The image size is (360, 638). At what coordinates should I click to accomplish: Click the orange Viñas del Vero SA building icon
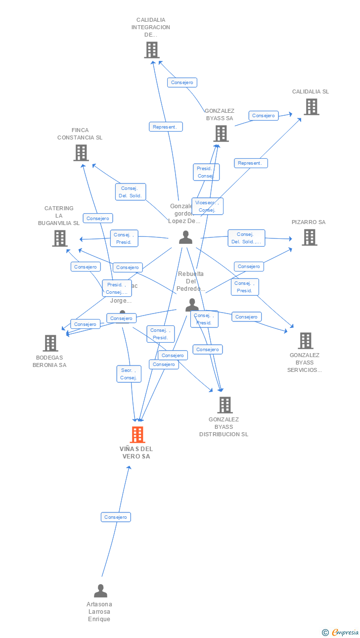coord(137,435)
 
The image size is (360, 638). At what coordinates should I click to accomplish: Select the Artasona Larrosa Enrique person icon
coord(100,591)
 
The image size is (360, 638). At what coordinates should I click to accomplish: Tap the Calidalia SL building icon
coord(311,107)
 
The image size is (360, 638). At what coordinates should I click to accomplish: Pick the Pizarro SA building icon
coord(310,237)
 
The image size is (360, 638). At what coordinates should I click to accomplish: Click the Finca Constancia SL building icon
coord(81,153)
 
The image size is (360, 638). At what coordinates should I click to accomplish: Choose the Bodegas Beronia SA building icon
coord(50,343)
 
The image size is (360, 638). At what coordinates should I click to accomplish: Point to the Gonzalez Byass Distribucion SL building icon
coord(225,405)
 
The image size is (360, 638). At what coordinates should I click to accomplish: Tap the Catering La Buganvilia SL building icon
coord(60,238)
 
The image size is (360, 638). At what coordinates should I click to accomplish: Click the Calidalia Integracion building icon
coord(151,50)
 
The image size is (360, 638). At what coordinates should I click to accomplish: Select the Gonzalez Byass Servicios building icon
coord(306,341)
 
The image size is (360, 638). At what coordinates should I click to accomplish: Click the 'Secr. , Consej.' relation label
coord(129,374)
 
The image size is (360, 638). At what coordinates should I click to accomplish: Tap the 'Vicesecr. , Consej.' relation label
coord(207,206)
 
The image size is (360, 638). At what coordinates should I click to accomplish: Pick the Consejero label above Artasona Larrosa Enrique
coord(116,517)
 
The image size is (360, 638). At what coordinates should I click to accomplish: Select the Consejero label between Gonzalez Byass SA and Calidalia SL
coord(263,116)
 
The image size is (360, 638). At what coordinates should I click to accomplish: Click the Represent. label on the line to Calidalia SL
coord(251,163)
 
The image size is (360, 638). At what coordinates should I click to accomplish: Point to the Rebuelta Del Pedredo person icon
coord(192,305)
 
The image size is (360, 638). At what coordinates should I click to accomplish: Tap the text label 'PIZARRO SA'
coord(309,223)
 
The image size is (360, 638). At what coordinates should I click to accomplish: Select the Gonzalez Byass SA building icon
coord(221,133)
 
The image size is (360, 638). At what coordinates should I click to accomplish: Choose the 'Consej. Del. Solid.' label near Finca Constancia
coord(131,192)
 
